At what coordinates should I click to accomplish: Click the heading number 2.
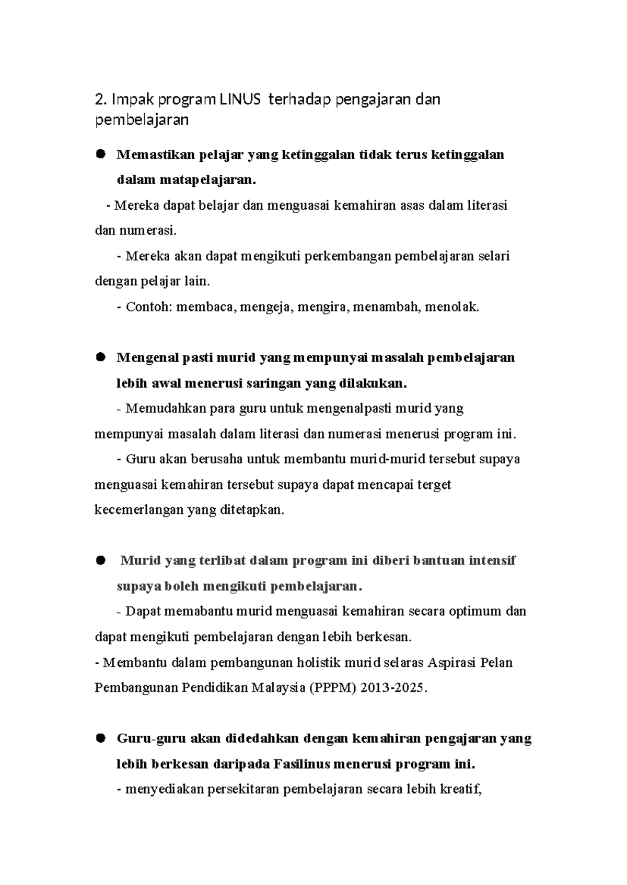[x=99, y=99]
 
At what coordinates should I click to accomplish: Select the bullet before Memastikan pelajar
[x=100, y=154]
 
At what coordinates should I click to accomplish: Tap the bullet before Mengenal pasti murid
[x=100, y=357]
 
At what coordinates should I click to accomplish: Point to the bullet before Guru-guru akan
[x=100, y=738]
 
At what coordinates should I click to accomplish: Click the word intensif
[x=492, y=560]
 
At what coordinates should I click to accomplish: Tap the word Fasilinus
[x=301, y=764]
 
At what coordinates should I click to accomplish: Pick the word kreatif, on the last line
[x=460, y=789]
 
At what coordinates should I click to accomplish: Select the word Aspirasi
[x=452, y=663]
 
